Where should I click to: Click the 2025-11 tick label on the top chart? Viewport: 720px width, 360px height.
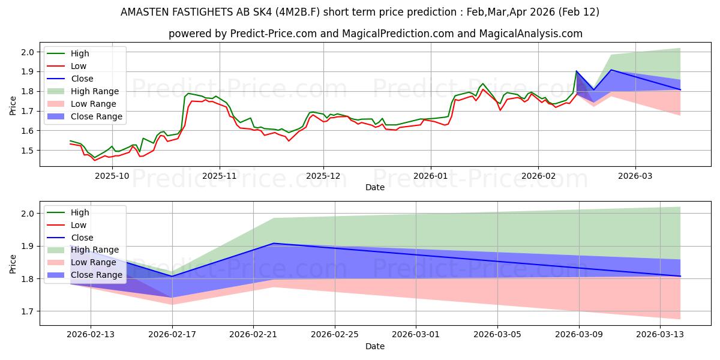[x=220, y=176]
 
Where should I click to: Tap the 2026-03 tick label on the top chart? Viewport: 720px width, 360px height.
[x=635, y=176]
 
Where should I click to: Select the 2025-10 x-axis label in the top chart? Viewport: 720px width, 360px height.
[x=112, y=176]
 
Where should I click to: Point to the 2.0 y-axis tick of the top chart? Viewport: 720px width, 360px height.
[x=27, y=52]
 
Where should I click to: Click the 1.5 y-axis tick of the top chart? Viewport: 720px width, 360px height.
[x=27, y=151]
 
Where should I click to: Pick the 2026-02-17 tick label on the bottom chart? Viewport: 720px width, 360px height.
[x=172, y=335]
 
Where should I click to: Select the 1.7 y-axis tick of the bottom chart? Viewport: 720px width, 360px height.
[x=27, y=311]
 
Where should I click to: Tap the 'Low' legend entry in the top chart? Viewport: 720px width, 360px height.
[x=79, y=66]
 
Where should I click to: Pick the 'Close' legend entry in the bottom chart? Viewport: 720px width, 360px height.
[x=82, y=238]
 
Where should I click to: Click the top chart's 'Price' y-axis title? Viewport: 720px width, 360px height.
[x=13, y=107]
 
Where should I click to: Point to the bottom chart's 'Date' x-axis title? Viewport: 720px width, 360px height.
[x=375, y=346]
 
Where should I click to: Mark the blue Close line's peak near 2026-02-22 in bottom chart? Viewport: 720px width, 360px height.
[x=274, y=243]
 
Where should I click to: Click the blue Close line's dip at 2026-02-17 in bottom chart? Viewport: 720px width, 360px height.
[x=172, y=277]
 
